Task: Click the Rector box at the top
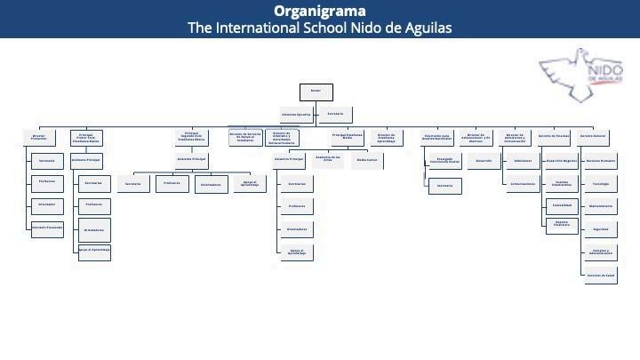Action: (316, 92)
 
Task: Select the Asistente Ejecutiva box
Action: (296, 115)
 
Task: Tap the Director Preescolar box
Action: (39, 138)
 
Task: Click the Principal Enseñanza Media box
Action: (348, 138)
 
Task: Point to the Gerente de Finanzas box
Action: (554, 138)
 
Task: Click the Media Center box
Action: (367, 161)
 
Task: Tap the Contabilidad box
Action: (562, 204)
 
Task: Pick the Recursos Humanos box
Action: (600, 162)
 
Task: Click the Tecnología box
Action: (600, 184)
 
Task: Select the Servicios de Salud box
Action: (600, 276)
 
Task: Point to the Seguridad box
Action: (600, 229)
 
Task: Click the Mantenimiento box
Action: (600, 206)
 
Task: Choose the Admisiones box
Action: (523, 162)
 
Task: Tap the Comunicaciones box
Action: (523, 185)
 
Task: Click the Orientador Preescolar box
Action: (46, 228)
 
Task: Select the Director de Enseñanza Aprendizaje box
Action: (387, 138)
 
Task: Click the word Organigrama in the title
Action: (319, 11)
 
